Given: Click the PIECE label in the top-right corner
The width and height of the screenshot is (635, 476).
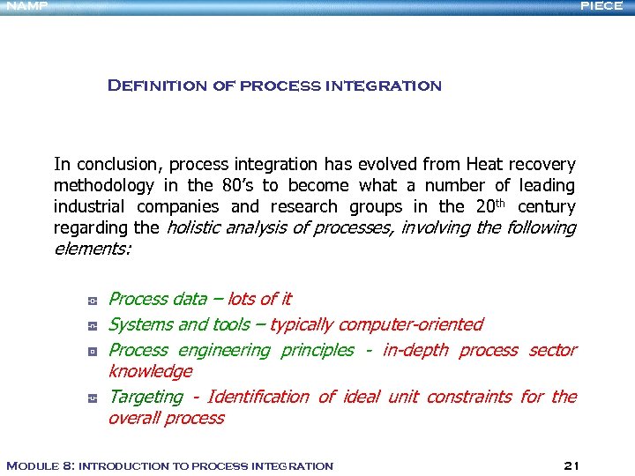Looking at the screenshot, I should tap(601, 6).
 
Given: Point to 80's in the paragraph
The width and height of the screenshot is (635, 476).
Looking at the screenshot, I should tap(237, 185).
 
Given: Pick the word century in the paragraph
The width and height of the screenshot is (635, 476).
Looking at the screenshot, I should tap(546, 206).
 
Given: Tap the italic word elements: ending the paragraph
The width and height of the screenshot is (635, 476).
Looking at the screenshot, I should tap(93, 249).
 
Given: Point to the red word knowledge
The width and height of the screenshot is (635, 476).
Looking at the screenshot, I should tap(150, 371).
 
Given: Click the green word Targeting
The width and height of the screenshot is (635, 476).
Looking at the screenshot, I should tap(146, 397).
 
